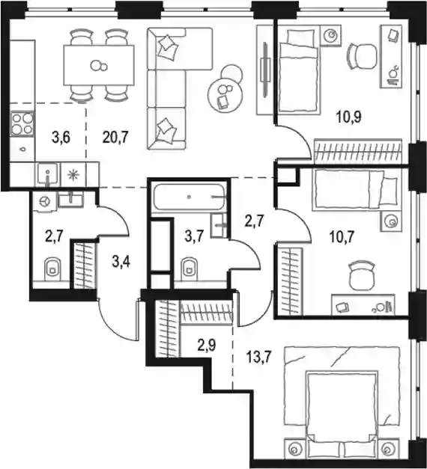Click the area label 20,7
(x=115, y=138)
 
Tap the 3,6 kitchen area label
(x=61, y=138)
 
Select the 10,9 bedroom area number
(x=349, y=117)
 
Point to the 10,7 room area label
(x=342, y=237)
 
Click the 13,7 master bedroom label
(x=258, y=357)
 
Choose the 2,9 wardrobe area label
(x=207, y=345)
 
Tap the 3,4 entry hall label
(x=121, y=263)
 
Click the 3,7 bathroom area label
(x=194, y=237)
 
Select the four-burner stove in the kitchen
(x=22, y=124)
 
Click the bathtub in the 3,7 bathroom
(x=189, y=197)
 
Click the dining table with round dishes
(x=99, y=65)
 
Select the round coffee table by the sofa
(x=225, y=95)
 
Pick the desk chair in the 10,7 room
(x=363, y=275)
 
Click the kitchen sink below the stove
(x=48, y=174)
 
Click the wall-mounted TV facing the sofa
(x=264, y=70)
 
